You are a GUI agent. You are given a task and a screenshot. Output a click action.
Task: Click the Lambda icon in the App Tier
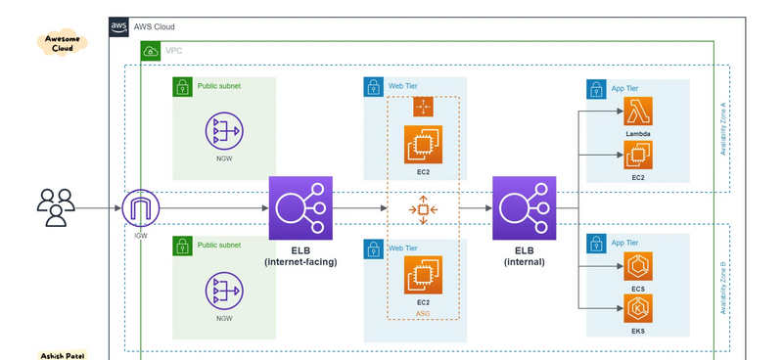638,111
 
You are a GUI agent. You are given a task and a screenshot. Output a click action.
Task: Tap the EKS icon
638,308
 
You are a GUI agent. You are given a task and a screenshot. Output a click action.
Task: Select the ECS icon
638,266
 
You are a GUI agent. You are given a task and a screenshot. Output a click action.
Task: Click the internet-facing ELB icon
300,208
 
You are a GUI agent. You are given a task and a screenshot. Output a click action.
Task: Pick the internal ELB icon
524,208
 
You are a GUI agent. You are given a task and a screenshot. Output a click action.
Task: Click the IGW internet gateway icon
141,208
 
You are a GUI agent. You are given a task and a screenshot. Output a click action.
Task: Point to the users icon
56,207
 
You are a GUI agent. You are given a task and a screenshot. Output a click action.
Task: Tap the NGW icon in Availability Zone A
224,131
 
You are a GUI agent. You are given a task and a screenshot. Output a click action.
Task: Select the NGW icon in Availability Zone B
224,291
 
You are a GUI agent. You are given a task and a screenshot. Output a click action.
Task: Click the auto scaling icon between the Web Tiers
423,209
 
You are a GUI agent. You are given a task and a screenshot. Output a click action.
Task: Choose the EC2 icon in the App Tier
638,155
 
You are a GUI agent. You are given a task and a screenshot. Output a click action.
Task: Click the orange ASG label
423,314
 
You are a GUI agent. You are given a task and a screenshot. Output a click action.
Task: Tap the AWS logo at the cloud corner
118,27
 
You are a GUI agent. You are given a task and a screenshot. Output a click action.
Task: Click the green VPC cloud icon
151,51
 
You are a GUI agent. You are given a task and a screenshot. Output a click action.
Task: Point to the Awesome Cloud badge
63,43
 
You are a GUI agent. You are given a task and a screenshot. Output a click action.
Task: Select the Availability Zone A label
722,129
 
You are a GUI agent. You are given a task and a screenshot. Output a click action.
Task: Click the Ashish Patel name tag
63,355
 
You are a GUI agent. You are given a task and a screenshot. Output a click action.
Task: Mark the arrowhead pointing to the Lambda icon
620,111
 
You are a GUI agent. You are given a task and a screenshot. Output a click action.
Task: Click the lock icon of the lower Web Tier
373,248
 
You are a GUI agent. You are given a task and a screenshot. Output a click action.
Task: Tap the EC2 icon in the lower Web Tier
423,275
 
